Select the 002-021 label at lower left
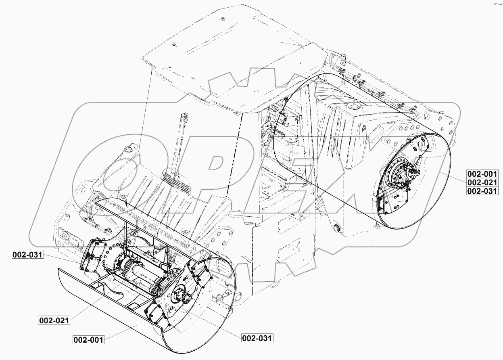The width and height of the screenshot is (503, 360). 54,320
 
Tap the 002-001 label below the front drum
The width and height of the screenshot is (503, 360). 89,339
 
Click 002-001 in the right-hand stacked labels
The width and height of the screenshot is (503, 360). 482,174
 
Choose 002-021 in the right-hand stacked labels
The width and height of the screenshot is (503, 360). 482,182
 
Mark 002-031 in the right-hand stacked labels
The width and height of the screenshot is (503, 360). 482,191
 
